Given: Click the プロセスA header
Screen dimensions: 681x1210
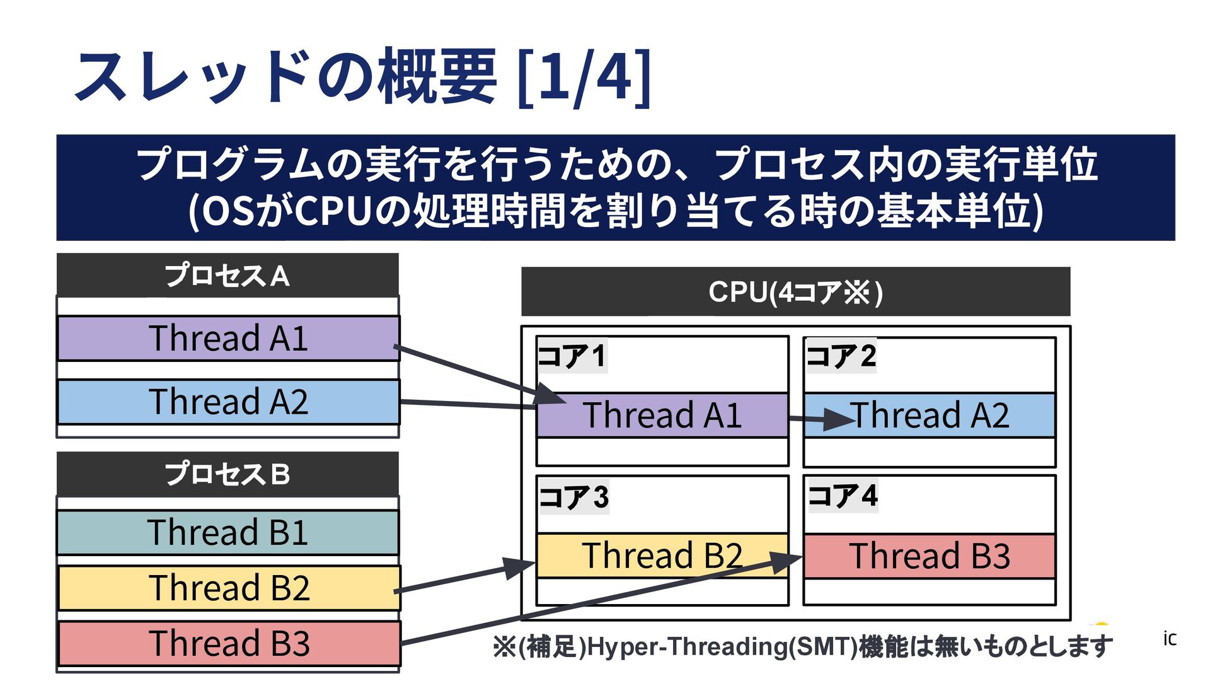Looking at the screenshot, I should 228,276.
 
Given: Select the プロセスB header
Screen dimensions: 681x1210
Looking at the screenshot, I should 228,474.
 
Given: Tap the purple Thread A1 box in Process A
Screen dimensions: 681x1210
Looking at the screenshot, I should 228,338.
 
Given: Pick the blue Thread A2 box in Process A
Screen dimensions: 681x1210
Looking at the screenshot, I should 228,402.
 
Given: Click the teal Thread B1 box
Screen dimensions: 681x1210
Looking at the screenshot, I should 228,532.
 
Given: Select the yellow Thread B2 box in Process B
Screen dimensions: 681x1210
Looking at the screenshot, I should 229,588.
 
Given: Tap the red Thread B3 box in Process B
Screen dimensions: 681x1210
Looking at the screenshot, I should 229,643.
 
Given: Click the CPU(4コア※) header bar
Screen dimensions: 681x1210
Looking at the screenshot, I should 795,292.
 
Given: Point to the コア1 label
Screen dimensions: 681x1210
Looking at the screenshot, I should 572,356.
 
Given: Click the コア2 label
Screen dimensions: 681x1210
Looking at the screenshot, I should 841,356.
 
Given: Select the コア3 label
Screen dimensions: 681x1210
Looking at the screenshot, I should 573,497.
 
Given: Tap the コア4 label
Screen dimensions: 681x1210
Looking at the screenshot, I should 843,496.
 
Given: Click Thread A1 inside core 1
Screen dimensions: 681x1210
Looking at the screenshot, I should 662,416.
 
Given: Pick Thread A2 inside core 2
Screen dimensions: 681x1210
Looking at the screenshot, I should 930,416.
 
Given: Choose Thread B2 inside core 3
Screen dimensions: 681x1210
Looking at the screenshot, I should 662,556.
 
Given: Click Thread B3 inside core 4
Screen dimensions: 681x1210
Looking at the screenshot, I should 930,556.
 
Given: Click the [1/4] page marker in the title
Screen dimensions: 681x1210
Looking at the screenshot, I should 584,77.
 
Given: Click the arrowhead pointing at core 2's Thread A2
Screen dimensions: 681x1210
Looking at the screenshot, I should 838,418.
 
